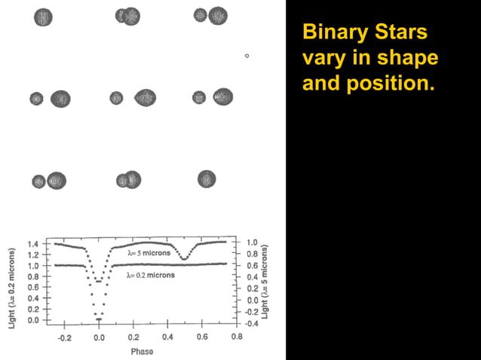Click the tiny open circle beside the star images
[x=247, y=56]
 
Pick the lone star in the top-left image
[x=43, y=17]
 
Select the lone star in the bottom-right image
[x=207, y=178]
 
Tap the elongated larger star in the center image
[x=145, y=98]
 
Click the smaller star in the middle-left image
[x=37, y=99]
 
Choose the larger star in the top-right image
[x=218, y=15]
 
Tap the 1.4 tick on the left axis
[x=33, y=245]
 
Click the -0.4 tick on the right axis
[x=253, y=324]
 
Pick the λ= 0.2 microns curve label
[x=151, y=276]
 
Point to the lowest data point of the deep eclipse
[x=99, y=319]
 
